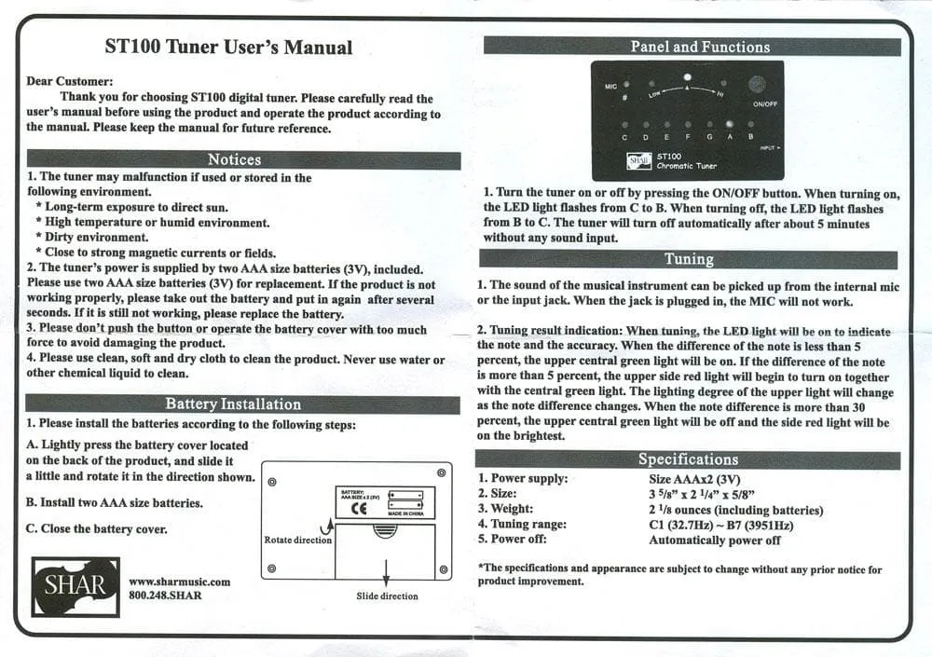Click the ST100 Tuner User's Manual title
(229, 47)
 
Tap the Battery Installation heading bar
(242, 404)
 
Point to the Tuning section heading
(689, 259)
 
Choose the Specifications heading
(688, 459)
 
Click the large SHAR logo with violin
(75, 587)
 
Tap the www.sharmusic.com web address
(180, 582)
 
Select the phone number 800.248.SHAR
(165, 595)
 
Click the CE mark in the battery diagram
(359, 508)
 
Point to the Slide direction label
(387, 595)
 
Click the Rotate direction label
(298, 540)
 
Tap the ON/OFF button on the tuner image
(757, 85)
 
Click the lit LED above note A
(730, 124)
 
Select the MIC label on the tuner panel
(610, 87)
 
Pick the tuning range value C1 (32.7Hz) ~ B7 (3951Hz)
(721, 525)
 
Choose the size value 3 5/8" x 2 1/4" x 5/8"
(702, 494)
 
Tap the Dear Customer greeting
(70, 81)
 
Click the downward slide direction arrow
(387, 572)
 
